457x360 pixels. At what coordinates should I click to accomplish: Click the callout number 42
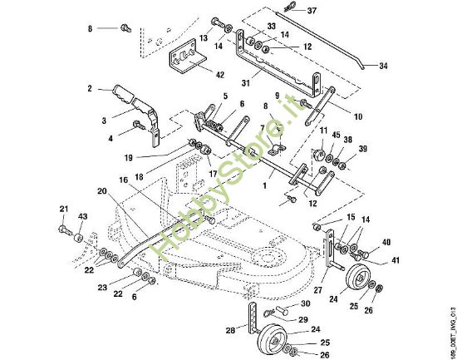pos(220,75)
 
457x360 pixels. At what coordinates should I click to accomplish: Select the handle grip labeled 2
pos(123,94)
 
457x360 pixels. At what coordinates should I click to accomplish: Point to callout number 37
pos(312,11)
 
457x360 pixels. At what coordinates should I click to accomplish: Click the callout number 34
pos(383,66)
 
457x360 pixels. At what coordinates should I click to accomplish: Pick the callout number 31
pos(246,83)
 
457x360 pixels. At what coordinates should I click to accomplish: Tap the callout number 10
pos(358,116)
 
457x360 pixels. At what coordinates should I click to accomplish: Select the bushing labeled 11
pos(319,154)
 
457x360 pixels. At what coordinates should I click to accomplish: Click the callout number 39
pos(362,149)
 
